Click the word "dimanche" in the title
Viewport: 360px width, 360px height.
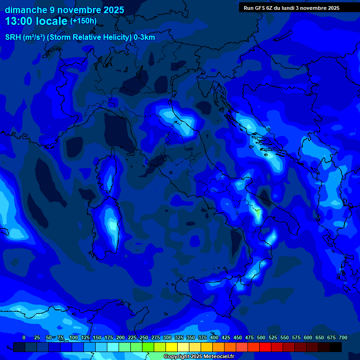click(26, 10)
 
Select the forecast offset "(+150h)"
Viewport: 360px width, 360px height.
click(83, 21)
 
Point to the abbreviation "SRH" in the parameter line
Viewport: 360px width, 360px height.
click(13, 37)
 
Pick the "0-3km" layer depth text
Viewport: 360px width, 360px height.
click(144, 37)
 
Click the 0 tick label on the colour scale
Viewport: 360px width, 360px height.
click(24, 337)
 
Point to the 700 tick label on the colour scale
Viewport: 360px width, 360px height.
click(343, 337)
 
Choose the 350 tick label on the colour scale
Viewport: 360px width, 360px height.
click(191, 337)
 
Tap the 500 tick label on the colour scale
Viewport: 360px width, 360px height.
click(261, 337)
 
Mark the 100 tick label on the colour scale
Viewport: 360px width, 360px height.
click(74, 337)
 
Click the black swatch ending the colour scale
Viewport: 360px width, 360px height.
click(336, 347)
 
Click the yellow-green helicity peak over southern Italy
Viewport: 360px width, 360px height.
click(257, 213)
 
